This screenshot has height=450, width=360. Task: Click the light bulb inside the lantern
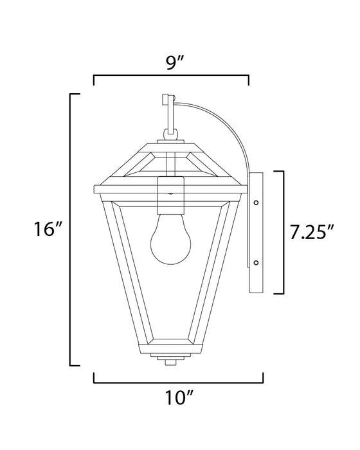(170, 240)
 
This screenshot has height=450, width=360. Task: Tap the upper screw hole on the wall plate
(256, 202)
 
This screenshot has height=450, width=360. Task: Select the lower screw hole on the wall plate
(256, 262)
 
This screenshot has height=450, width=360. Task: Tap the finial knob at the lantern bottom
(170, 361)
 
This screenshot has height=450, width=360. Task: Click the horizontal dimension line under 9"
(172, 76)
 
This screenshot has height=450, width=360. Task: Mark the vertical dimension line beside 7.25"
(283, 231)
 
